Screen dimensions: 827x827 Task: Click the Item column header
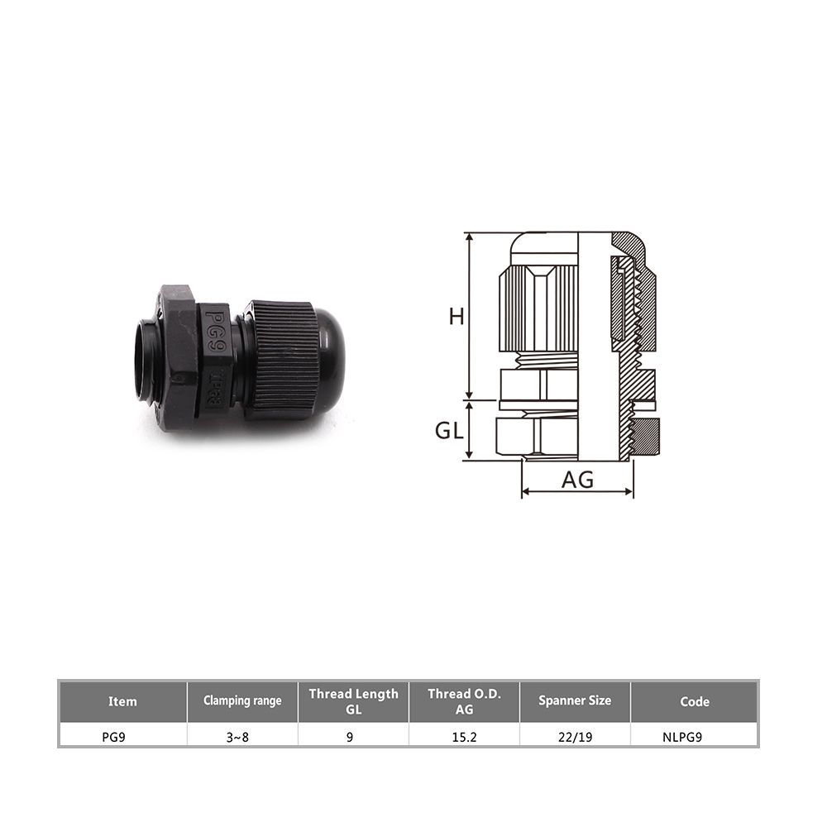[x=122, y=701]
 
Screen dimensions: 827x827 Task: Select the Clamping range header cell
[x=242, y=701]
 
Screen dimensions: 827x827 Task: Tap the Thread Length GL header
[x=353, y=701]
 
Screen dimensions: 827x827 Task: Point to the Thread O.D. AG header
[x=464, y=701]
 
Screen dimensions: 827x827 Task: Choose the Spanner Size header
[x=575, y=701]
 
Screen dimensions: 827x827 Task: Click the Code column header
[x=695, y=701]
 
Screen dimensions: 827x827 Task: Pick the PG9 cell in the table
[x=114, y=737]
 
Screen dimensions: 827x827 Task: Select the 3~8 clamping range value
[x=237, y=737]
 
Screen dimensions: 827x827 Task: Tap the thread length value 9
[x=350, y=737]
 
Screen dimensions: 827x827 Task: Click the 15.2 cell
[x=464, y=737]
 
